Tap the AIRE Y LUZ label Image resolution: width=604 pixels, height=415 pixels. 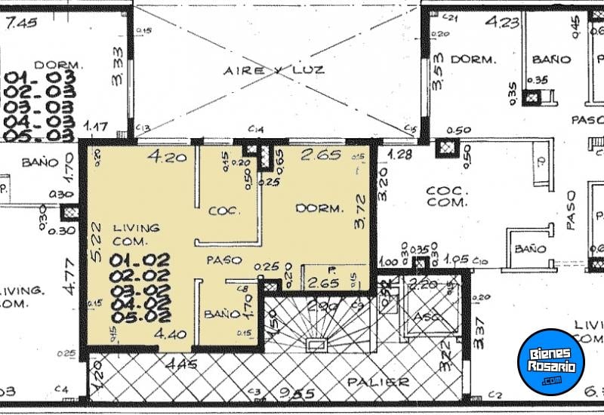tap(273, 70)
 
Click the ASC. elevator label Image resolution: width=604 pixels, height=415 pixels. tap(427, 317)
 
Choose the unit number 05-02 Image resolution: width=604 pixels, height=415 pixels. tap(140, 316)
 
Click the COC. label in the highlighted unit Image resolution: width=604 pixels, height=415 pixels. tap(224, 211)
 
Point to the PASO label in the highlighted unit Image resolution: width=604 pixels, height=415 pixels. tap(224, 260)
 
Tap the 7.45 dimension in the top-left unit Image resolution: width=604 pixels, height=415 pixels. tap(21, 23)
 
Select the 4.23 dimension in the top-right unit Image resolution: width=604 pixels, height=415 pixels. tap(503, 23)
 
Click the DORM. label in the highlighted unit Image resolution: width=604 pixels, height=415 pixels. tap(319, 207)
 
